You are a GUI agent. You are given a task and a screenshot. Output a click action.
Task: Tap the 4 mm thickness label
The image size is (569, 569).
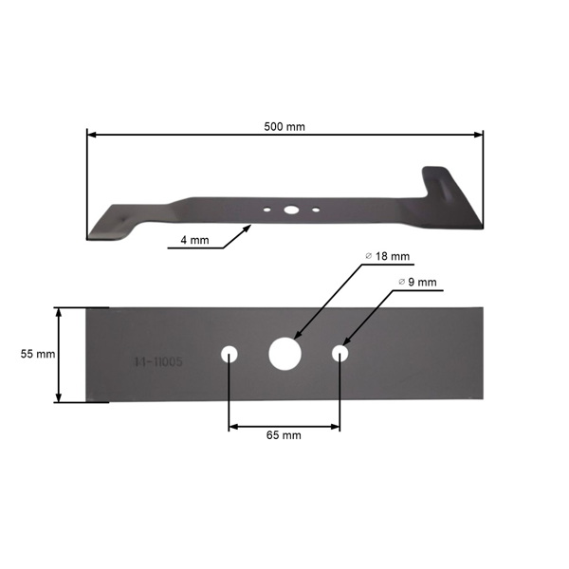[x=193, y=240]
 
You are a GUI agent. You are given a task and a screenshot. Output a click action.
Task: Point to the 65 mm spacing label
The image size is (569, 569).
[x=284, y=435]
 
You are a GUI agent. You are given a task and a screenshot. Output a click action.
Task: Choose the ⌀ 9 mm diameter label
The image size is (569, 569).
[x=417, y=282]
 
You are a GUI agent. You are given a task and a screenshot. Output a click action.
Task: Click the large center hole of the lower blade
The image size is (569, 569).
[x=284, y=353]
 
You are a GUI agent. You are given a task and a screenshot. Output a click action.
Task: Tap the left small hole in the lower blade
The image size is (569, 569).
[x=229, y=354]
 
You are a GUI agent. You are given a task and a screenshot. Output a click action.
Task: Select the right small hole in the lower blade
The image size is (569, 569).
[x=340, y=354]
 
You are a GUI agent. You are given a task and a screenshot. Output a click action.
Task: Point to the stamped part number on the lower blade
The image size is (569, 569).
[x=158, y=362]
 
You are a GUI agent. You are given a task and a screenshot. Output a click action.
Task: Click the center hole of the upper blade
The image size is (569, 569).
[x=291, y=209]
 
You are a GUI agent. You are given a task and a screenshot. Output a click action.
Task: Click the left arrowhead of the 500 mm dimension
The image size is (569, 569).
[x=90, y=136]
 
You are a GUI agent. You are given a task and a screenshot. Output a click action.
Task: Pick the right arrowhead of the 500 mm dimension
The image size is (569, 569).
[x=480, y=136]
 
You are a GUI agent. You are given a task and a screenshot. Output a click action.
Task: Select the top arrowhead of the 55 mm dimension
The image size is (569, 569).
[x=60, y=310]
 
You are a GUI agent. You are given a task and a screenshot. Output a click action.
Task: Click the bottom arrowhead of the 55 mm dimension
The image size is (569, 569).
[x=60, y=399]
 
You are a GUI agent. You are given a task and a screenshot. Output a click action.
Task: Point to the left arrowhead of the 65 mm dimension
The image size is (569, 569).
[x=232, y=426]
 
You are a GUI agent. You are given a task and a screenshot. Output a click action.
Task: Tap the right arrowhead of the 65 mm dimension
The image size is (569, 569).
[x=337, y=426]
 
